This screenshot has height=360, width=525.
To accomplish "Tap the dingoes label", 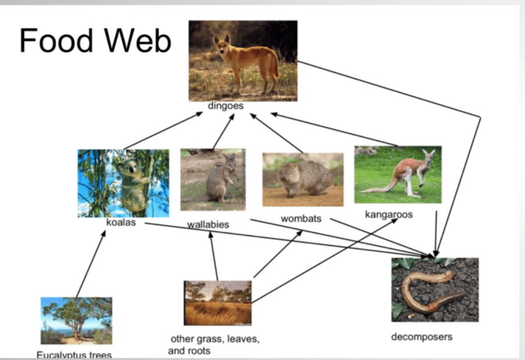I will pos(225,106).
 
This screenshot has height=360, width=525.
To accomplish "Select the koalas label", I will pos(121,222).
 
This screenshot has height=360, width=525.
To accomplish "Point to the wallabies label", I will pos(208,224).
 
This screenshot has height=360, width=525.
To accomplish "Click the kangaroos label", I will pos(389,214).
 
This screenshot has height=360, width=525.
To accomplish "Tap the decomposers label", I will pos(422,336).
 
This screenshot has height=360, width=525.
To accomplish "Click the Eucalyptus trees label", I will pos(74,355).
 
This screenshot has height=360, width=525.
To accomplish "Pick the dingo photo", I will pos(243,61).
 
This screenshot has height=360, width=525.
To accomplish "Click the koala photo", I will pos(124,183).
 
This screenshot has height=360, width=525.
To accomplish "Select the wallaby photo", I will pos(213,179).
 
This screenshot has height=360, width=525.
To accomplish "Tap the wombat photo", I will pos(303,179).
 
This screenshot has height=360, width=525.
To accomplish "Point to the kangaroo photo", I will pos(398,174).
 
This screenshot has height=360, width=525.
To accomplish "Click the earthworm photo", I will pos(435,289).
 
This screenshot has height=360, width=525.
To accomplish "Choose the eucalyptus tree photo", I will pos(76,321).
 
